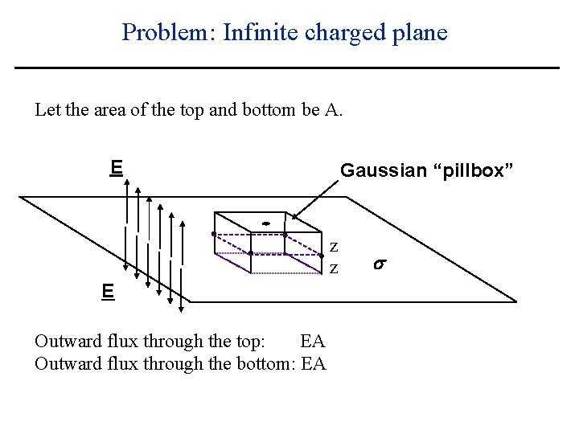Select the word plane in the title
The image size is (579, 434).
tap(418, 32)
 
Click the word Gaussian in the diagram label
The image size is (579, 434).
tap(383, 170)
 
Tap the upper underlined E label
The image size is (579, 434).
tap(116, 167)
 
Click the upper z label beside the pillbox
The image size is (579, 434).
tap(334, 246)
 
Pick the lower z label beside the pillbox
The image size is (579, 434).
tap(334, 266)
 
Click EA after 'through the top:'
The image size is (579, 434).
tap(311, 342)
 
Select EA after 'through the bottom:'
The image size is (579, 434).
tap(313, 364)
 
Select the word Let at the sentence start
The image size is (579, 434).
tap(47, 110)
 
